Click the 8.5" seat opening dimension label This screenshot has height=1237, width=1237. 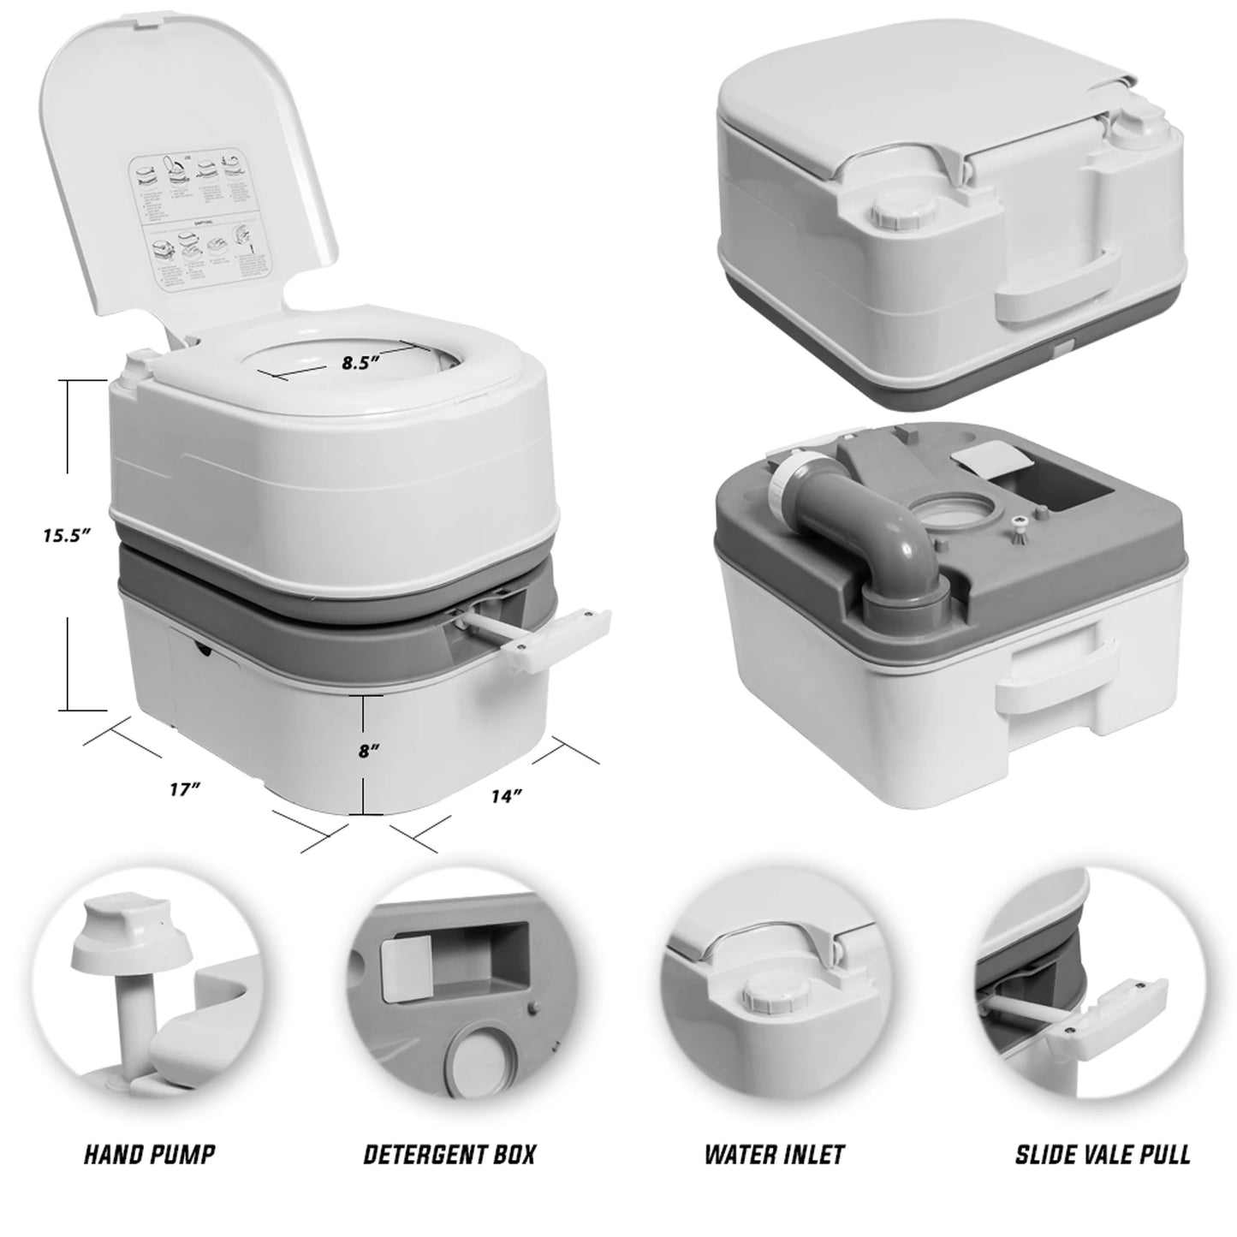pyautogui.click(x=360, y=362)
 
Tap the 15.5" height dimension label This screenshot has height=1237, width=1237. pyautogui.click(x=67, y=537)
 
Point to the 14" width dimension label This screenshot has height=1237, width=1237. pyautogui.click(x=507, y=795)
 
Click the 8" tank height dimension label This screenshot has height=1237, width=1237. pyautogui.click(x=370, y=751)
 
